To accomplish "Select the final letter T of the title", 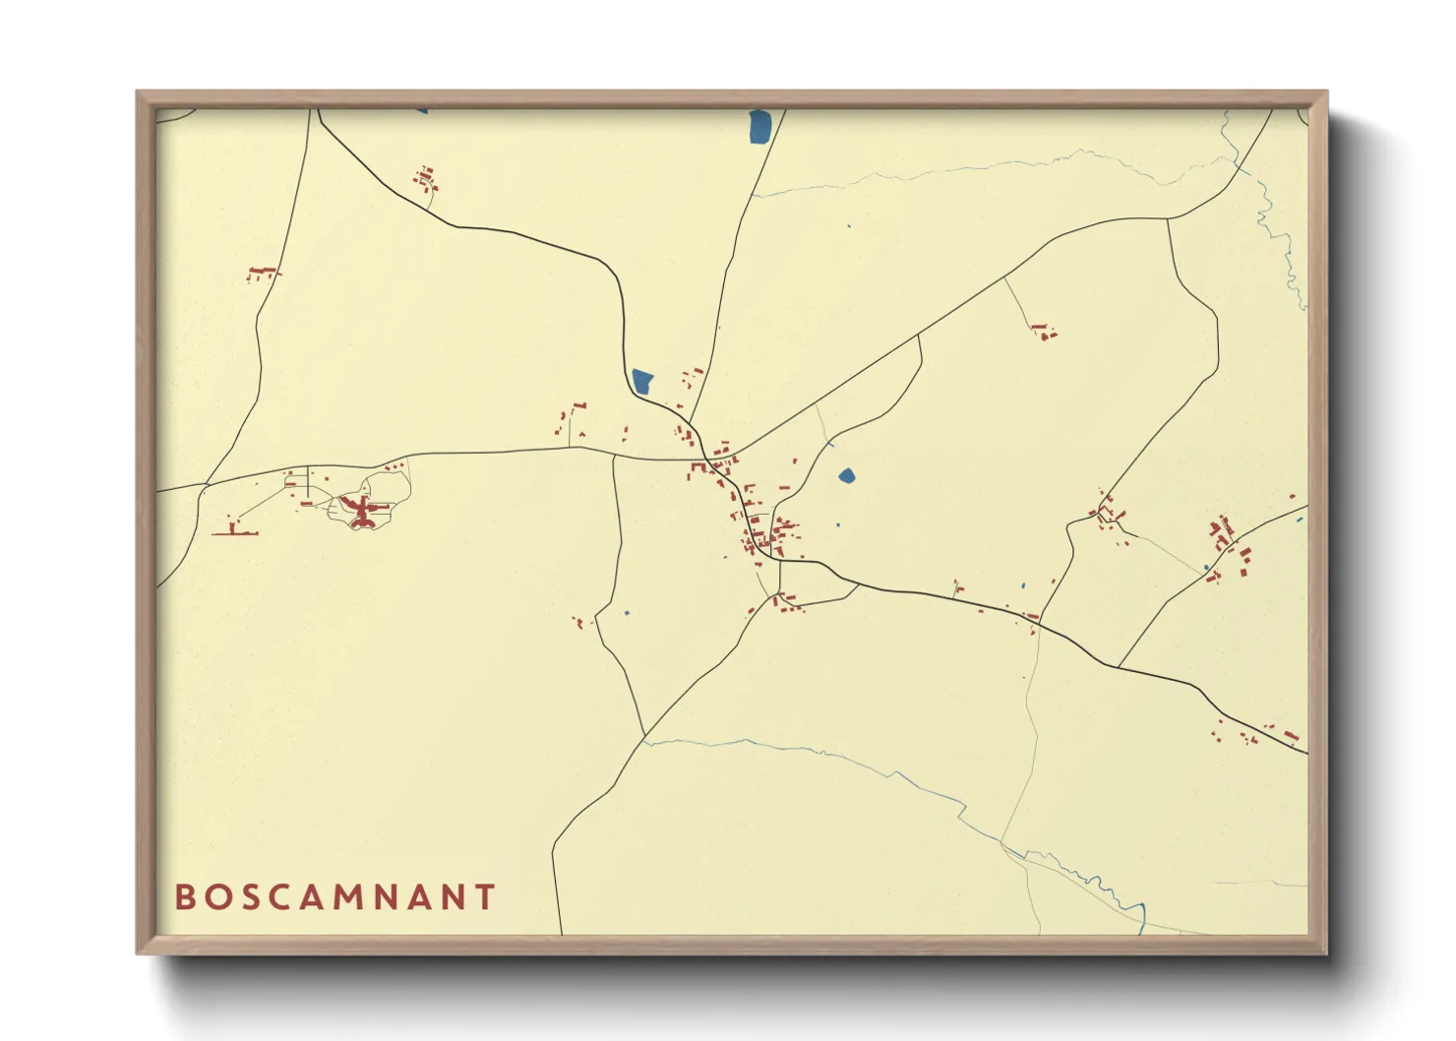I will pos(485,897).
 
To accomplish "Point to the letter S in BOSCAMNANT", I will pos(247,897).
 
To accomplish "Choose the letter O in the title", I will pos(215,897).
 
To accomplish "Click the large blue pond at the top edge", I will pos(759,126).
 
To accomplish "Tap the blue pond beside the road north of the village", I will pos(642,381).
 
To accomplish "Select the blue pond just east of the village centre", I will pos(846,476).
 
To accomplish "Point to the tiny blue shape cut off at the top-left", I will pos(422,110).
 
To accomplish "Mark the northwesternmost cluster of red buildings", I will pos(426,179).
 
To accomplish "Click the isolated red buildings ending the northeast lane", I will pos(1043,333).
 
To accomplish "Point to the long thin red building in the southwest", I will pos(236,532).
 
